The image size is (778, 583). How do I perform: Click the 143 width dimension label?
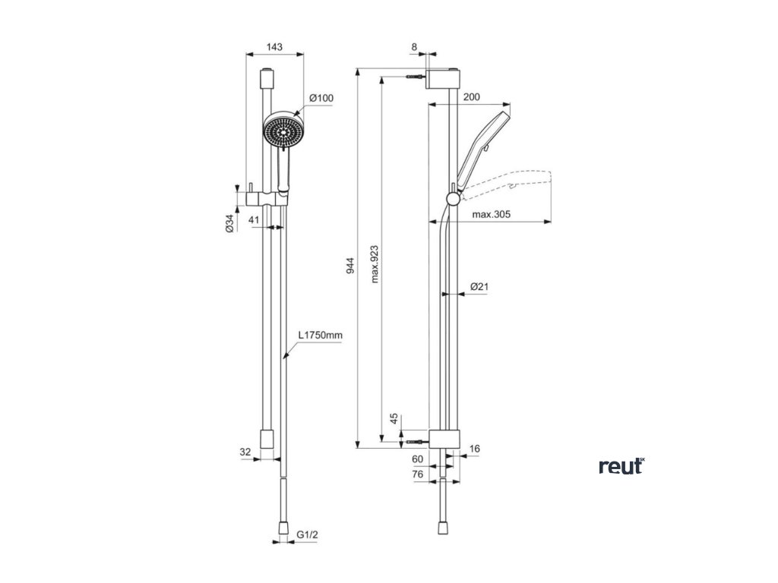pos(274,47)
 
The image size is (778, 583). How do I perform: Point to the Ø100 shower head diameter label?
pos(322,98)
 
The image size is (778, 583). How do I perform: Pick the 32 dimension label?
pos(245,452)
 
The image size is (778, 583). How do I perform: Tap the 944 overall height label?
pos(350,266)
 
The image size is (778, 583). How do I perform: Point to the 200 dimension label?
pos(471,97)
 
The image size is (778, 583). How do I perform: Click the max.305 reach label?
pos(490,215)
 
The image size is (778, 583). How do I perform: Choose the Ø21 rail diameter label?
pos(479,286)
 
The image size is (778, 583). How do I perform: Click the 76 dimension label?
pos(416,474)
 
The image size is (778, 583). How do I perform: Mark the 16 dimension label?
pos(475,449)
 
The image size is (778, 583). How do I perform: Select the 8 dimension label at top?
pos(414,47)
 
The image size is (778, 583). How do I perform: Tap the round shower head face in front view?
pos(283,131)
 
